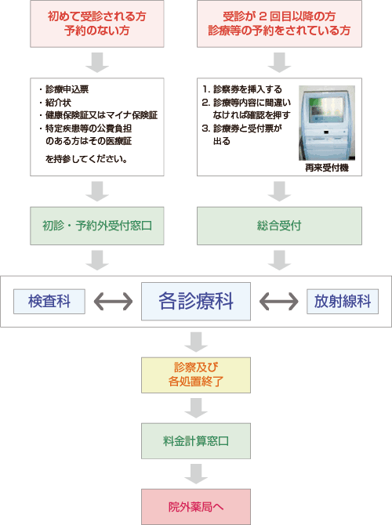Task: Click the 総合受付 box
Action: click(x=279, y=226)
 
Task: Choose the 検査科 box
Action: click(x=49, y=301)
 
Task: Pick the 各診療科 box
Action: click(x=196, y=301)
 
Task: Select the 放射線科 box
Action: click(x=342, y=301)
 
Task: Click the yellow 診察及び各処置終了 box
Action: click(x=196, y=375)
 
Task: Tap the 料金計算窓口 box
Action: click(x=196, y=440)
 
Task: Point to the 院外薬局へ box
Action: click(x=196, y=506)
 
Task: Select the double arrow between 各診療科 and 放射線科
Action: click(x=279, y=301)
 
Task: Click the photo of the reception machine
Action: click(x=326, y=122)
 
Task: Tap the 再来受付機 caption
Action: click(x=326, y=167)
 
